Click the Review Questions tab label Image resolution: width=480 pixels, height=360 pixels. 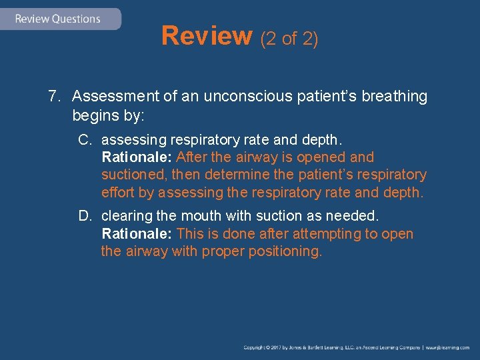(x=57, y=19)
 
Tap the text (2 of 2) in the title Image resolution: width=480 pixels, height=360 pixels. (x=289, y=39)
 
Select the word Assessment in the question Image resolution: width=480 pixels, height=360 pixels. (x=116, y=97)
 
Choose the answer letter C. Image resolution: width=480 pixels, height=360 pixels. (x=84, y=141)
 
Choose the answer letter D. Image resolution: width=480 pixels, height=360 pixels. (x=84, y=217)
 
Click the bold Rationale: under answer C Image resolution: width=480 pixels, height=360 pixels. (x=137, y=158)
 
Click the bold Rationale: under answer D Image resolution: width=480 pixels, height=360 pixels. (x=137, y=234)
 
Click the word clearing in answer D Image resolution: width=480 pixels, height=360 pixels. (x=125, y=217)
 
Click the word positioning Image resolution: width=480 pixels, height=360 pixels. (x=283, y=251)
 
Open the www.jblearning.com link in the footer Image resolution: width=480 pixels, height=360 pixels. (x=448, y=348)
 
